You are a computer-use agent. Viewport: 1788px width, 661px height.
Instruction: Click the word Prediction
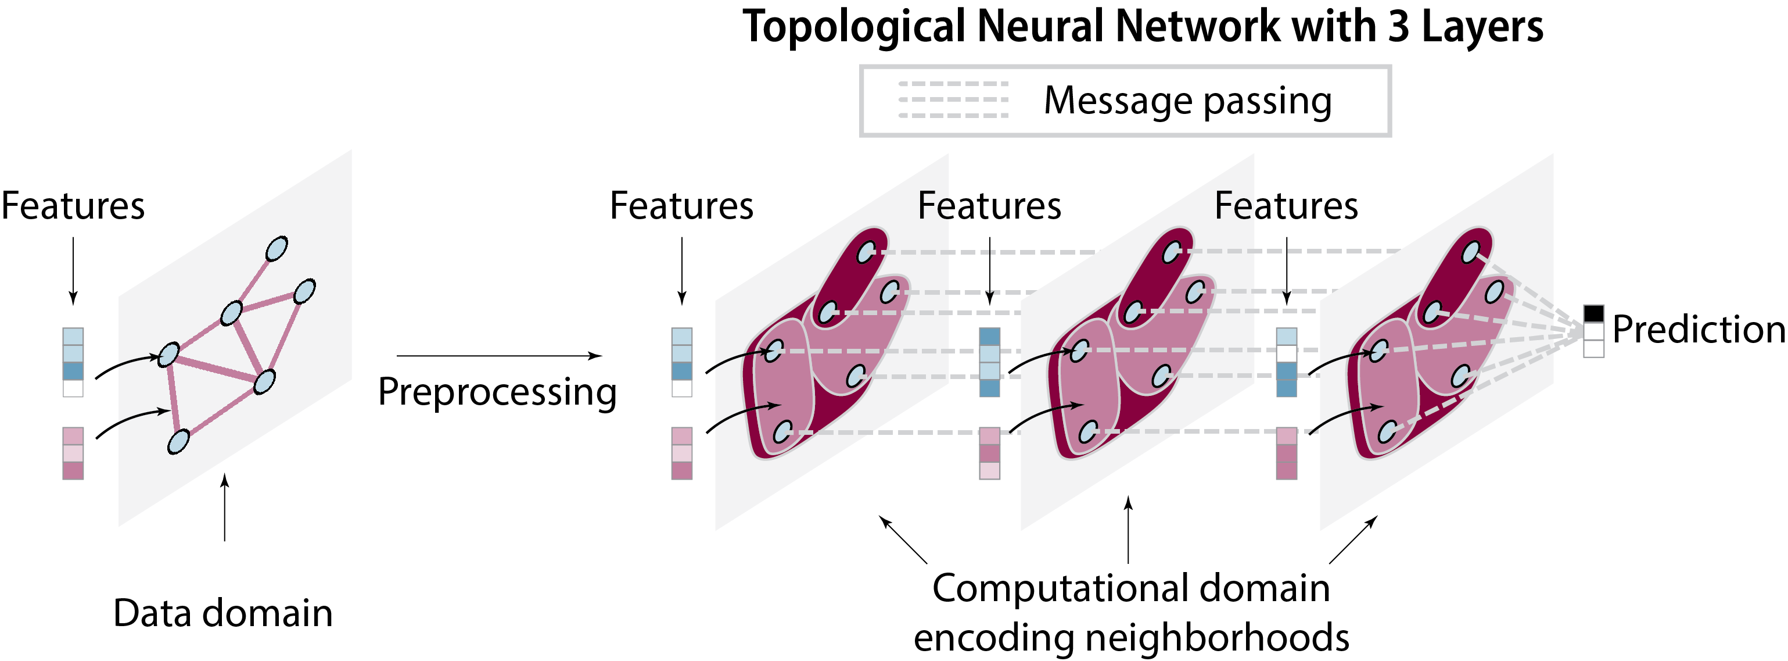click(x=1698, y=329)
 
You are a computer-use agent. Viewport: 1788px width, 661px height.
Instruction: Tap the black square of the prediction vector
click(x=1593, y=313)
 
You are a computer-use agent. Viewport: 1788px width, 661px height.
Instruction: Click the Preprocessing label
click(x=497, y=392)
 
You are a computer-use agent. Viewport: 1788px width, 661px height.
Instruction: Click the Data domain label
click(x=223, y=613)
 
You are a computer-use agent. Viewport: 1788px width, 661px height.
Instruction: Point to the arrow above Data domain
click(x=224, y=507)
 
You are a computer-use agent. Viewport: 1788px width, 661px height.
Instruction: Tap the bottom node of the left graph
click(x=178, y=442)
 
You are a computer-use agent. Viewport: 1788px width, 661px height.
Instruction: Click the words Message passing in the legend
click(x=1187, y=101)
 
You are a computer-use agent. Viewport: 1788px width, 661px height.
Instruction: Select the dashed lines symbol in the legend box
click(x=953, y=99)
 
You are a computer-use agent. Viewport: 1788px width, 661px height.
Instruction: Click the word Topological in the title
click(x=853, y=28)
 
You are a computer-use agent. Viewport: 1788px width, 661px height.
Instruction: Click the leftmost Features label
click(x=73, y=206)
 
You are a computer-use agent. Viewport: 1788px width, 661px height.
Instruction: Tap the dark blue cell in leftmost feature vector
click(x=73, y=371)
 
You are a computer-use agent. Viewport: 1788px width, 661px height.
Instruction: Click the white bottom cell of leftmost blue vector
click(x=73, y=388)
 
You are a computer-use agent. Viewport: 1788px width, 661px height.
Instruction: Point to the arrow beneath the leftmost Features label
click(x=73, y=271)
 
